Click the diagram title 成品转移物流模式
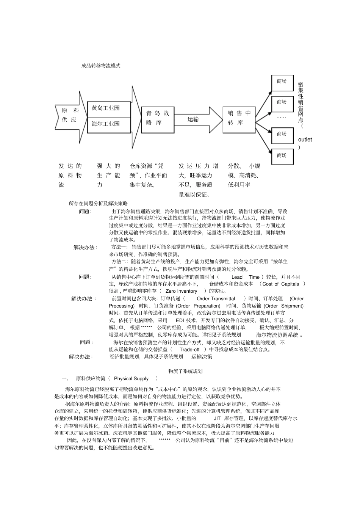coord(101,66)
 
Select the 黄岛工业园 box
coord(109,108)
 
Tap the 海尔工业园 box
coord(109,124)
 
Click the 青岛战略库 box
coord(158,118)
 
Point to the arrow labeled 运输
coord(197,119)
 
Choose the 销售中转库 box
coord(239,118)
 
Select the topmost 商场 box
coord(282,81)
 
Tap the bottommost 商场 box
coord(282,155)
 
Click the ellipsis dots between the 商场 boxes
coord(281,118)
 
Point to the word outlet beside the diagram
coord(305,140)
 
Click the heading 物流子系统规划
coord(185,371)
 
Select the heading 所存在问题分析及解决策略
coord(99,204)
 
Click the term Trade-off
coord(189,350)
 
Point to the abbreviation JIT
coord(217,419)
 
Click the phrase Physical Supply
coord(131,378)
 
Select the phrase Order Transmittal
coord(216,299)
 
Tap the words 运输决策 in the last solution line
coord(202,357)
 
